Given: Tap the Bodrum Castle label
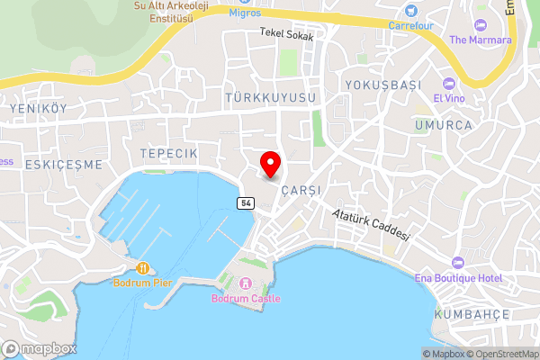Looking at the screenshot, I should (246, 298).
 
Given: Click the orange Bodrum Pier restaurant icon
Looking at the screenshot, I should (142, 268).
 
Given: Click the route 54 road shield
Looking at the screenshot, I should (246, 203).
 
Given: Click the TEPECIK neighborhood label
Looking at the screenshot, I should (168, 154).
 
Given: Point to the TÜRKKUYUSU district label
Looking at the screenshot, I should (271, 96).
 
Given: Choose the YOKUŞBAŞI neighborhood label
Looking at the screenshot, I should (382, 85).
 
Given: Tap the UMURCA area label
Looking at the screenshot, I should (444, 125).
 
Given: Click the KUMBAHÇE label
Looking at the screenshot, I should (472, 314).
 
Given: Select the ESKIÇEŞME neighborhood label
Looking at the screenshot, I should (64, 165).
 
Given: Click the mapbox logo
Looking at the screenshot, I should (39, 348).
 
